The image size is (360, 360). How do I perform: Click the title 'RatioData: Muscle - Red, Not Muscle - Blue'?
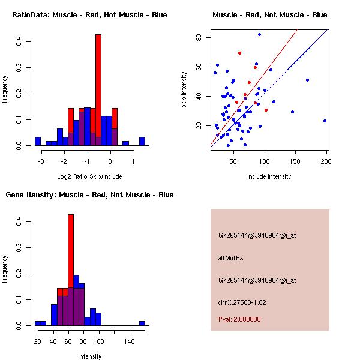[90, 14]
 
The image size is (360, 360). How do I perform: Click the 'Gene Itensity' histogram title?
[90, 195]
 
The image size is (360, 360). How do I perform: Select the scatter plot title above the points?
[270, 14]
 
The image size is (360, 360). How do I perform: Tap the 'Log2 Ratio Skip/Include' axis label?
[89, 176]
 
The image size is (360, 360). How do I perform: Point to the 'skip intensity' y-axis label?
[184, 90]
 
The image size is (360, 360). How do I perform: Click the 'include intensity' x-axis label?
[269, 176]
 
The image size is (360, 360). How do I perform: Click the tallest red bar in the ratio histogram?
[98, 90]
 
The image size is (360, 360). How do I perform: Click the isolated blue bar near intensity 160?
[142, 323]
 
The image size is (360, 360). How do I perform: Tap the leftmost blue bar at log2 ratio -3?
[38, 142]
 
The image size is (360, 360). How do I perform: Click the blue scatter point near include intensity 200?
[325, 121]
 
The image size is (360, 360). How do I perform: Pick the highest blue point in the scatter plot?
[259, 34]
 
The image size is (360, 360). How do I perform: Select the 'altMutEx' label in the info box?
[231, 258]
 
